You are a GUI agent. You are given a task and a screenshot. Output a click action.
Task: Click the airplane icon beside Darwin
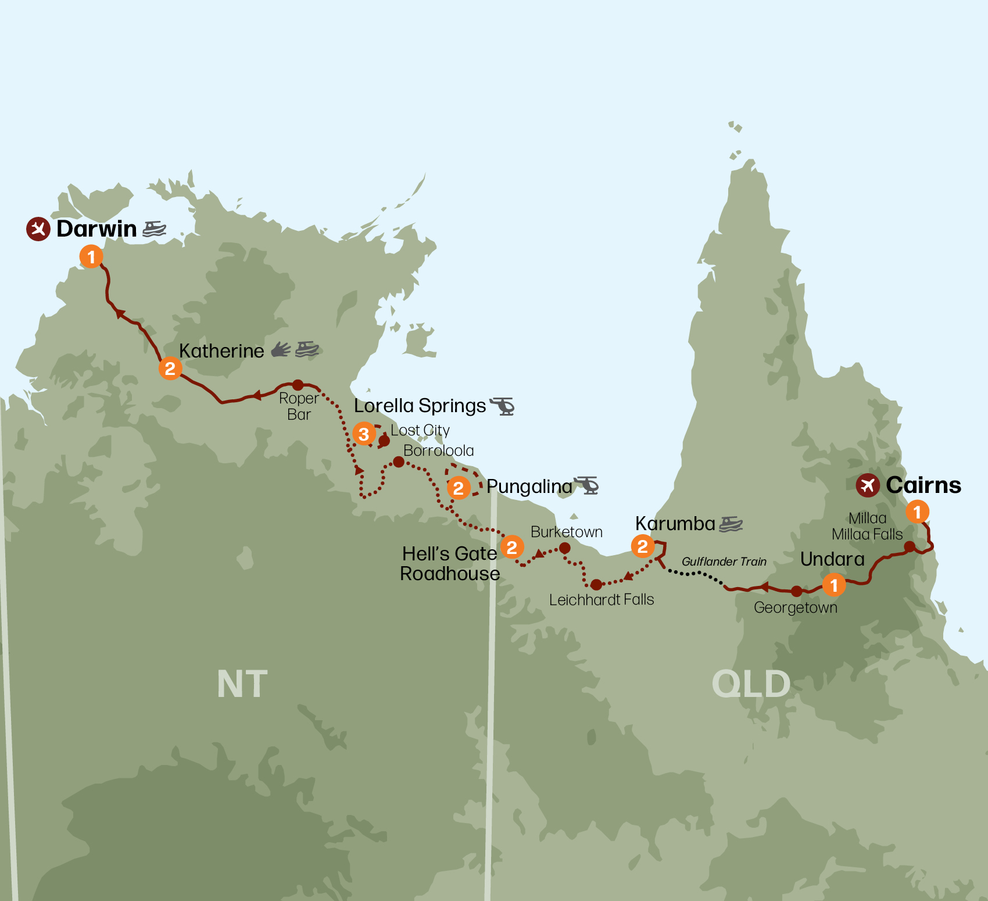coord(38,229)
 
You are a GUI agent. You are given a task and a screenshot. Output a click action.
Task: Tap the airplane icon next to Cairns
coord(867,485)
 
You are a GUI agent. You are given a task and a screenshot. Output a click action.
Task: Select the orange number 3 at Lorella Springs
coord(364,434)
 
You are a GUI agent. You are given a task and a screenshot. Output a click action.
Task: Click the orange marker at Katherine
coord(170,368)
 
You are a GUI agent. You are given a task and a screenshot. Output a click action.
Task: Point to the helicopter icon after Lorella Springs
coord(503,406)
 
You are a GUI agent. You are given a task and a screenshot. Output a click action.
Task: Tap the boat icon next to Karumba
coord(731,524)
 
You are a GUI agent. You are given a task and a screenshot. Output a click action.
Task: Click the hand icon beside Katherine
coord(281,349)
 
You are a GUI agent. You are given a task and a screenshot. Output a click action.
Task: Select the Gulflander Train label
coord(724,562)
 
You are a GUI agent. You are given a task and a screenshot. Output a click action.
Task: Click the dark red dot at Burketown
coord(564,548)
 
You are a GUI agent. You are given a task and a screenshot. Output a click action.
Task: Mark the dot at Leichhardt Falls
coord(596,584)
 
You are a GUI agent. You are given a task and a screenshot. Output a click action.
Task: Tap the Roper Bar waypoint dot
coord(298,385)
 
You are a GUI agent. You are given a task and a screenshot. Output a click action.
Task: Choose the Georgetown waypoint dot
coord(796,591)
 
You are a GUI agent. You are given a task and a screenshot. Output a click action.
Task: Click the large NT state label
coord(242,684)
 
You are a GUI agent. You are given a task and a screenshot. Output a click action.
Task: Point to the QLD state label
coord(751,684)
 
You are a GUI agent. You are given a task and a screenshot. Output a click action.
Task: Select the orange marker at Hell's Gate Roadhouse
coord(512,546)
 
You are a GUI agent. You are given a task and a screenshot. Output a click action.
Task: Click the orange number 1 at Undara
coord(834,585)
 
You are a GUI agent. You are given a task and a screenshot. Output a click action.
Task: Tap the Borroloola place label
coord(438,450)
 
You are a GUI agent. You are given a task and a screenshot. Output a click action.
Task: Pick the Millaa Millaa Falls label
coord(867,526)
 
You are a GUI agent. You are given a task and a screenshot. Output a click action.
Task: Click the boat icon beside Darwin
coord(154,228)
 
